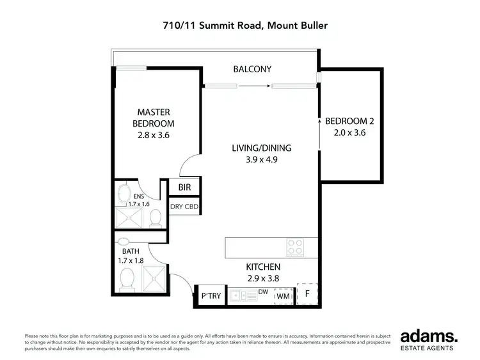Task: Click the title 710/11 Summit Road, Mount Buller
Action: pyautogui.click(x=239, y=26)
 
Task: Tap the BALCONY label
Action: pyautogui.click(x=252, y=69)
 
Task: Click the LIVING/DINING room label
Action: pyautogui.click(x=256, y=148)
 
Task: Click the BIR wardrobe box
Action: pyautogui.click(x=184, y=188)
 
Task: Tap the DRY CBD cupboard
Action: pyautogui.click(x=184, y=207)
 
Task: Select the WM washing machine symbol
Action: pyautogui.click(x=282, y=296)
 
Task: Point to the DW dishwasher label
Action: pyautogui.click(x=262, y=292)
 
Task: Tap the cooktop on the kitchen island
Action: pyautogui.click(x=295, y=245)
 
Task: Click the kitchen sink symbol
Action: pyautogui.click(x=241, y=296)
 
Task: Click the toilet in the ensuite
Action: pyautogui.click(x=154, y=218)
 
